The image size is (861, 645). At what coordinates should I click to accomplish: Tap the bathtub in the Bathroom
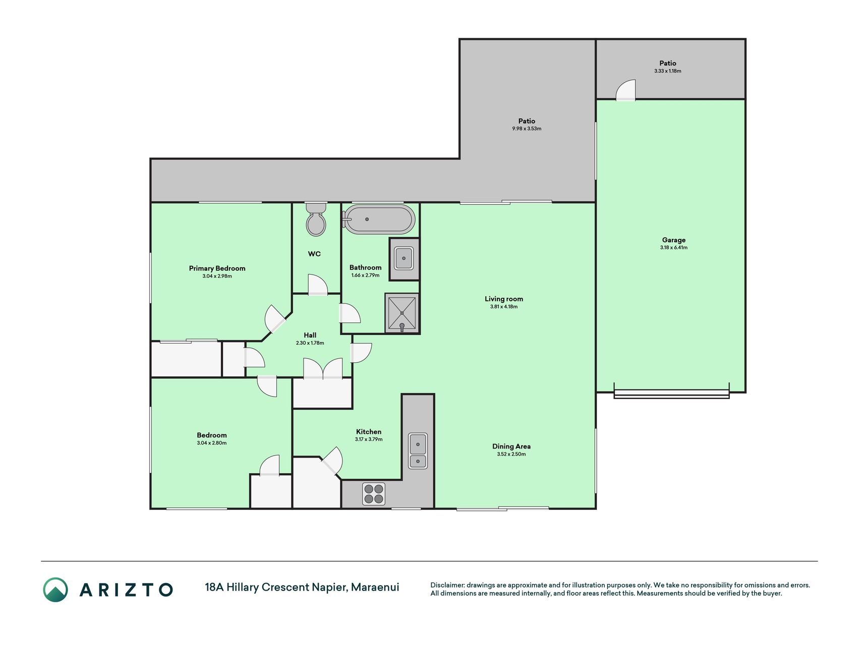(379, 219)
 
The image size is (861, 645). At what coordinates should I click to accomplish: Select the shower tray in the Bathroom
(402, 313)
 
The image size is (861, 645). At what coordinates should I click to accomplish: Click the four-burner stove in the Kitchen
(374, 494)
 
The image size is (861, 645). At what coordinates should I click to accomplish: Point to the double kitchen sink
(418, 451)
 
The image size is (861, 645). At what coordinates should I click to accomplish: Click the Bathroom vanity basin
(404, 259)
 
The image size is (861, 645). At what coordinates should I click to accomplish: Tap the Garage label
(674, 240)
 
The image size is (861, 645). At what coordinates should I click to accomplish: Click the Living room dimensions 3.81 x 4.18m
(504, 306)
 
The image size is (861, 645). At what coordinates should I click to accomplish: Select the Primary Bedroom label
(217, 269)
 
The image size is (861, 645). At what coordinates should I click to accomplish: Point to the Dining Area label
(511, 446)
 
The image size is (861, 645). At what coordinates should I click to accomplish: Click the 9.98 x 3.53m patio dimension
(527, 128)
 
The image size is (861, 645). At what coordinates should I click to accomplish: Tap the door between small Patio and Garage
(625, 91)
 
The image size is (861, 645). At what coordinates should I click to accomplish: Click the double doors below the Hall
(323, 368)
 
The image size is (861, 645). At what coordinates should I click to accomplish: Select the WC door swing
(318, 285)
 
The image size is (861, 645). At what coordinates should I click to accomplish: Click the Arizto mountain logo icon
(55, 590)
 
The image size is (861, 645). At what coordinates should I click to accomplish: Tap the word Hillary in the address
(243, 588)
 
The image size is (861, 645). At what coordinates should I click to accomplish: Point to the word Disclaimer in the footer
(447, 585)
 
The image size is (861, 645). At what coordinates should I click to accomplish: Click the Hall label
(310, 335)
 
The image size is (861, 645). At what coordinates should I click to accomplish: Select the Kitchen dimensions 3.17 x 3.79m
(369, 439)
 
